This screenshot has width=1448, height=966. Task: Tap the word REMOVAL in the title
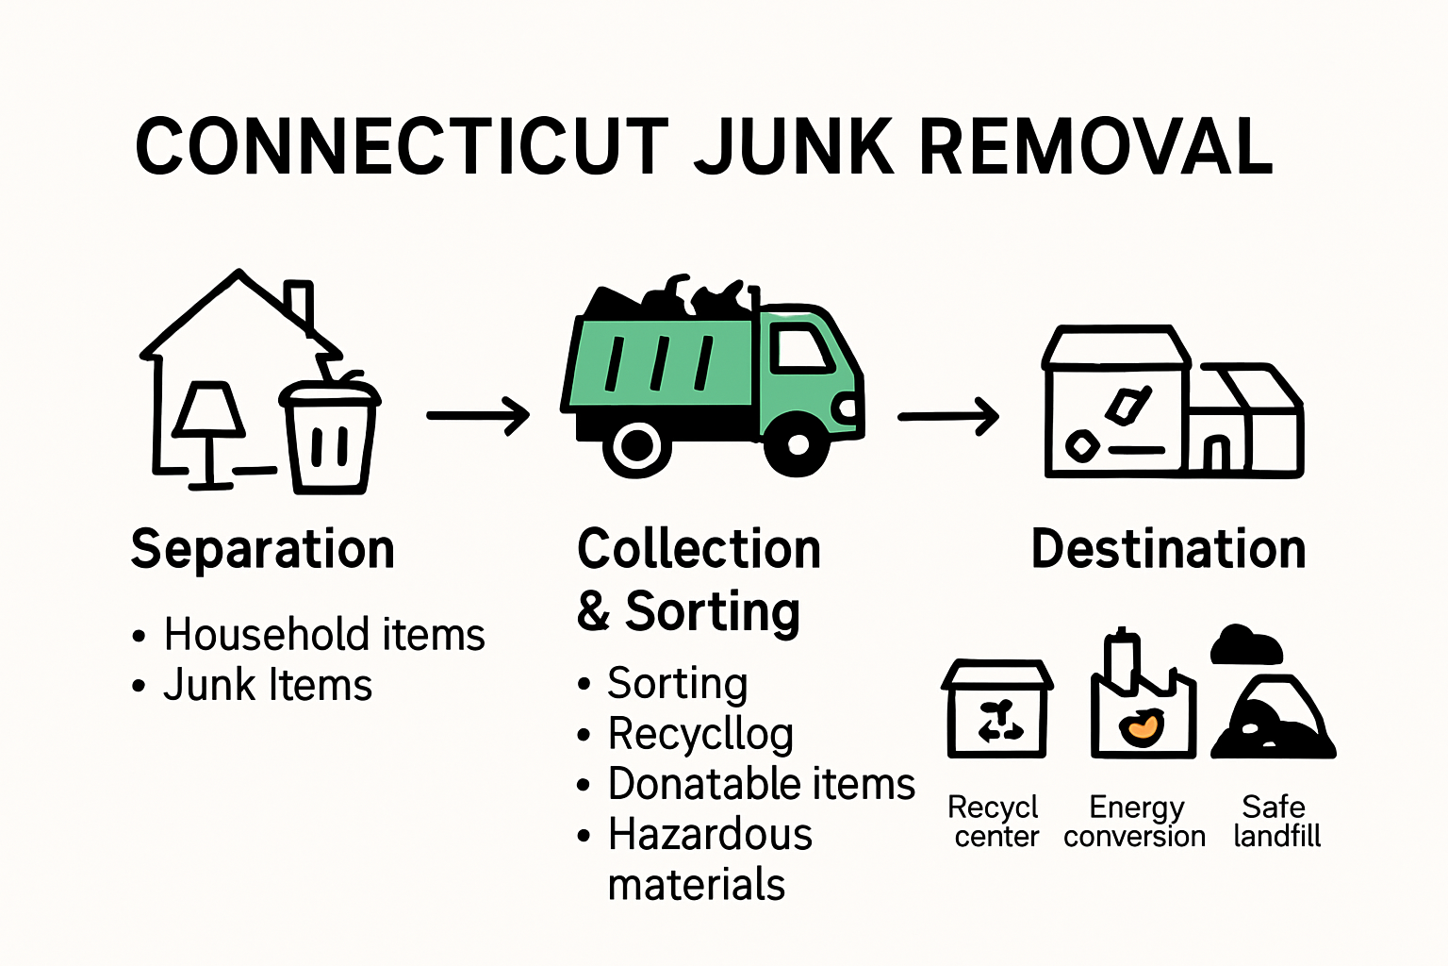pos(1095,148)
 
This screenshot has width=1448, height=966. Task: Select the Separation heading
pos(263,549)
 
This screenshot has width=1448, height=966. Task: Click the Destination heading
pos(1169,549)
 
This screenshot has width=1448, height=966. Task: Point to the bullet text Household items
pos(324,635)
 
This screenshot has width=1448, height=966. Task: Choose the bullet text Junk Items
pos(268,685)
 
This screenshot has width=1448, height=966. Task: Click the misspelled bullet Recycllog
pos(700,734)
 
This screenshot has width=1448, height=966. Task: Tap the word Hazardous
pos(710,835)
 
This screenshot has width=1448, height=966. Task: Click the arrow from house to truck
pos(478,415)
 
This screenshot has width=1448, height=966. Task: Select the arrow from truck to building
pos(947,416)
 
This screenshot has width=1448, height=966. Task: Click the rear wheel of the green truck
pos(637,445)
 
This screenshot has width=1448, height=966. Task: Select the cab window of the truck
pos(800,350)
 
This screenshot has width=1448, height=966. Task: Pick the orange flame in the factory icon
pos(1142,726)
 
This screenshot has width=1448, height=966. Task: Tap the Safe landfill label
pos(1275,822)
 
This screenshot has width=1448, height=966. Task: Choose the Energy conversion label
pos(1135,822)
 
